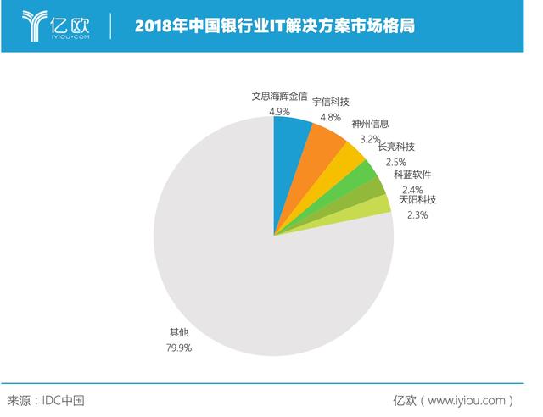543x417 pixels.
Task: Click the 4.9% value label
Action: [x=280, y=111]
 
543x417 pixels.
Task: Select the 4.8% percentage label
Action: [x=332, y=117]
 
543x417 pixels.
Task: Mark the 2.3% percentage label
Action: [x=417, y=215]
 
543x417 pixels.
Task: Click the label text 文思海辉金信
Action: [x=280, y=96]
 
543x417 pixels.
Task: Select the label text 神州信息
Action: [x=371, y=124]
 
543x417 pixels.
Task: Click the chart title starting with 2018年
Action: [x=275, y=25]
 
